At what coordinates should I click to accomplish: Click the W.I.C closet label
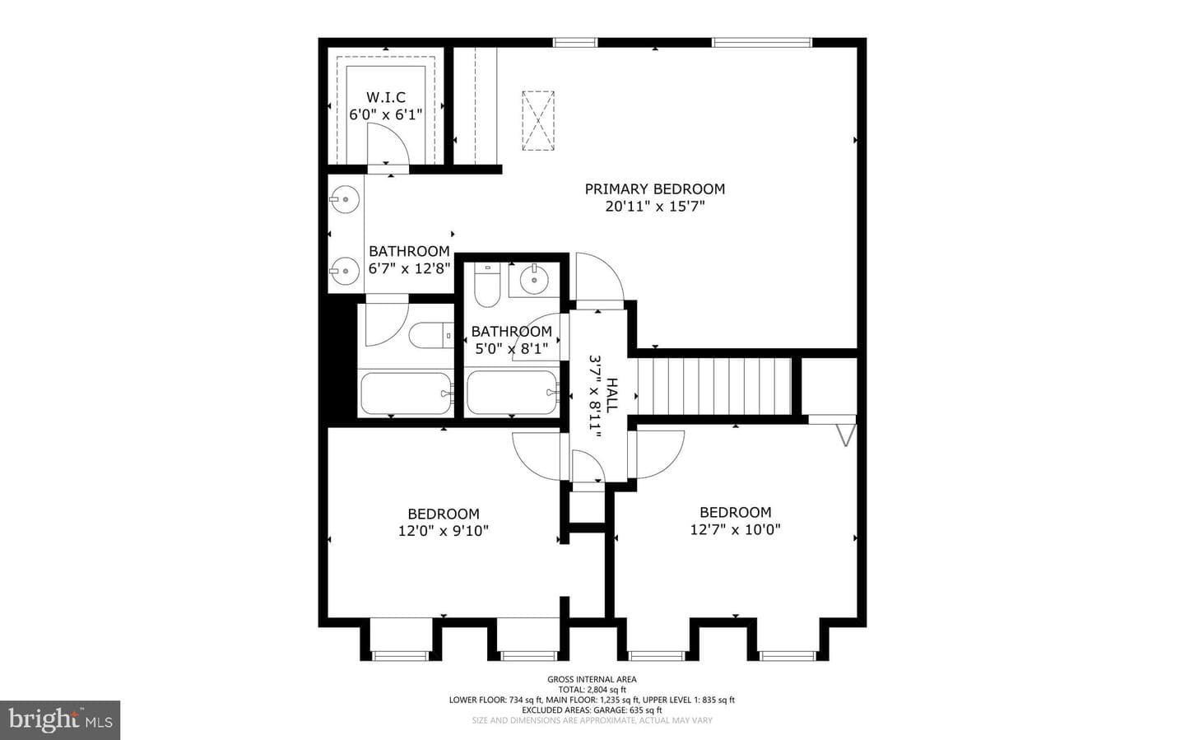[x=386, y=97]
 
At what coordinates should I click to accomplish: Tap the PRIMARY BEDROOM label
[x=655, y=189]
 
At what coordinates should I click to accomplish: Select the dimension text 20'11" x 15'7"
[x=655, y=206]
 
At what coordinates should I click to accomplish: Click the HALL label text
[x=611, y=395]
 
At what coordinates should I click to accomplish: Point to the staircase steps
[x=714, y=386]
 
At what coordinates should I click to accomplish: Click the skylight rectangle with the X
[x=538, y=121]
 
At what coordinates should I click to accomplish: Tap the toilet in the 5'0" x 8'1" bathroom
[x=486, y=285]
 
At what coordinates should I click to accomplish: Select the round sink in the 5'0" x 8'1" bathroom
[x=534, y=280]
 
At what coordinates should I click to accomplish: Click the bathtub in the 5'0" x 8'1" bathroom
[x=512, y=393]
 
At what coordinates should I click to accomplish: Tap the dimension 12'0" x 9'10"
[x=444, y=530]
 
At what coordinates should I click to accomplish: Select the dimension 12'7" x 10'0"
[x=736, y=528]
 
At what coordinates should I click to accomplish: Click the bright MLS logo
[x=60, y=720]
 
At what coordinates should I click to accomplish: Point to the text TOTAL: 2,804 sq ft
[x=592, y=690]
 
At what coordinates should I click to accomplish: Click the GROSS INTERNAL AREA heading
[x=592, y=680]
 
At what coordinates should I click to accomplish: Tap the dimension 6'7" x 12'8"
[x=410, y=268]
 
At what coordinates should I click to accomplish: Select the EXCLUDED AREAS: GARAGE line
[x=592, y=710]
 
